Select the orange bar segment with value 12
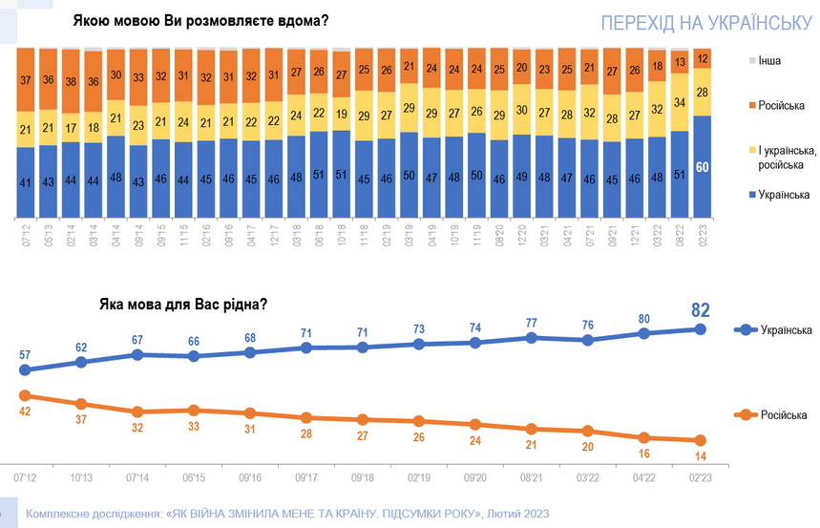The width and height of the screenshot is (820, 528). coord(702,58)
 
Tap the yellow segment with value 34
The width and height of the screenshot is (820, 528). coord(679,102)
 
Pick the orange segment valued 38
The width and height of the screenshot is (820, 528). coord(72,81)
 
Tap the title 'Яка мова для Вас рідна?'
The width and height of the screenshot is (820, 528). coord(182,306)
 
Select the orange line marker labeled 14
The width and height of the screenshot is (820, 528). coord(700,440)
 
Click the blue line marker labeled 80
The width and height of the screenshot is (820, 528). coord(644,333)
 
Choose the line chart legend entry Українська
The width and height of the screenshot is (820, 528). coord(785,330)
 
